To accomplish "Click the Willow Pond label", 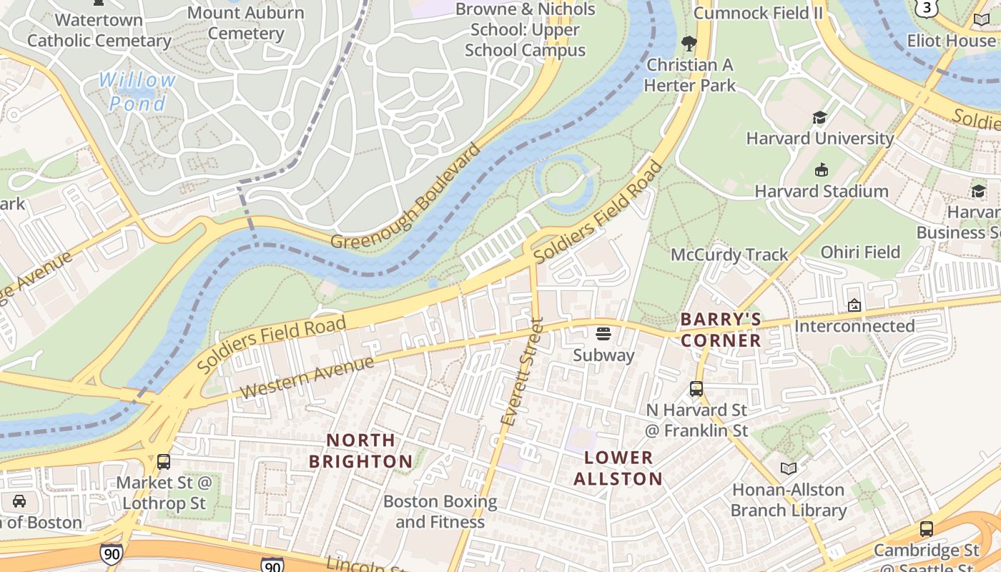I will [137, 92].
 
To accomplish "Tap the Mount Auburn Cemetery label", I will [245, 23].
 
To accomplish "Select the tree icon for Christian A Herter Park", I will [689, 44].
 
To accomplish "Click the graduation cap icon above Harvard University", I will [819, 118].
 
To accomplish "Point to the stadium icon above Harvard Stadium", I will [821, 170].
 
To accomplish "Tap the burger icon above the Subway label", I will [603, 334].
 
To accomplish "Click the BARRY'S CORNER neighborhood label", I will [721, 330].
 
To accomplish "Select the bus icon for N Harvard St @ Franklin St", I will [696, 389].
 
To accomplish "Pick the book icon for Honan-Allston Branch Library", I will [789, 468].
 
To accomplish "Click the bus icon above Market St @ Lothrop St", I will [164, 462].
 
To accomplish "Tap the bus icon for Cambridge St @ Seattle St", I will [927, 529].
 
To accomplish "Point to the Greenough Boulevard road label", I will [406, 197].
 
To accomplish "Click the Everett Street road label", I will [523, 372].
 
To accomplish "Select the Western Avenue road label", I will [307, 377].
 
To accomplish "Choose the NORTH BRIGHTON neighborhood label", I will [360, 450].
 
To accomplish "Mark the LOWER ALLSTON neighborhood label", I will [618, 468].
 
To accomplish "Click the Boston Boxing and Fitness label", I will [440, 511].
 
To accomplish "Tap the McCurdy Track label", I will [729, 255].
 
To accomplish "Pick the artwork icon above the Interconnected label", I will [854, 305].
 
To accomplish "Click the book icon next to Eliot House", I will [982, 20].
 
